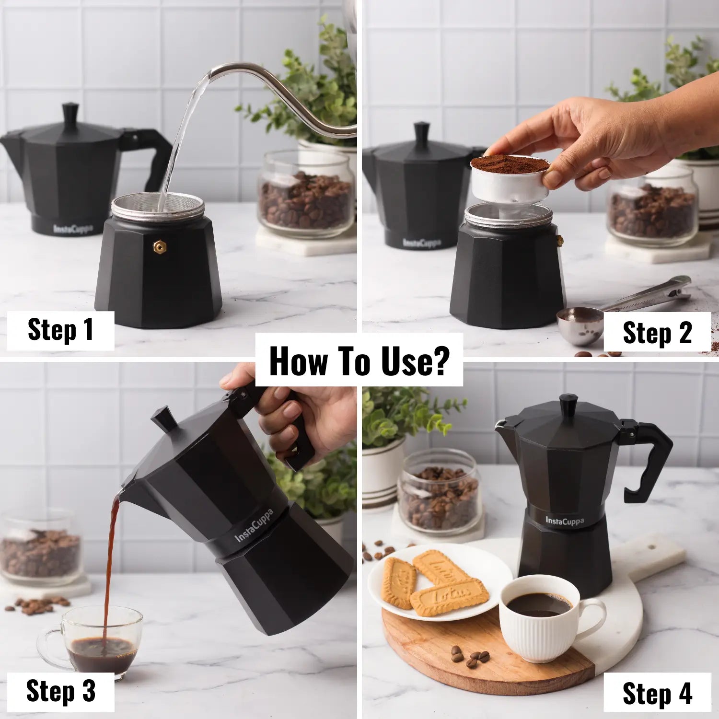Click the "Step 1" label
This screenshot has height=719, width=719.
coord(60,330)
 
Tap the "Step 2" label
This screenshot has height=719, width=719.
coord(657,333)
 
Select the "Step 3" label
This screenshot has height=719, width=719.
coord(60,692)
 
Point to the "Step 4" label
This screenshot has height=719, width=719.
coord(657,694)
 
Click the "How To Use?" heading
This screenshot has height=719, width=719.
coord(359,360)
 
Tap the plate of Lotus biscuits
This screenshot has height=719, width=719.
coord(439,582)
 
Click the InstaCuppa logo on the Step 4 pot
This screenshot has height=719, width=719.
coord(565,521)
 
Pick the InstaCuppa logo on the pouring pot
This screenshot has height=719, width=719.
coord(254,526)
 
